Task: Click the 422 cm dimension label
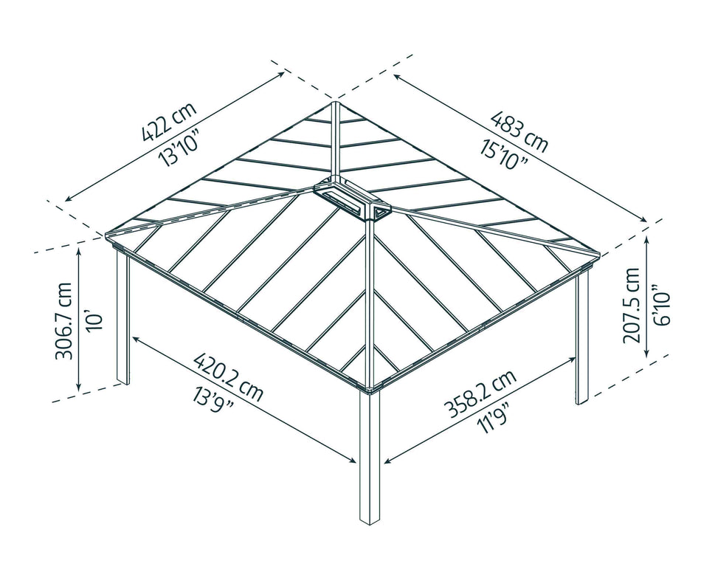[169, 122]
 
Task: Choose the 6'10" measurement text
[659, 304]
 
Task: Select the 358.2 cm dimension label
[480, 395]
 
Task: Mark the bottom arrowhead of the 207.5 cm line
[646, 354]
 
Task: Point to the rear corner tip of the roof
[336, 101]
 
